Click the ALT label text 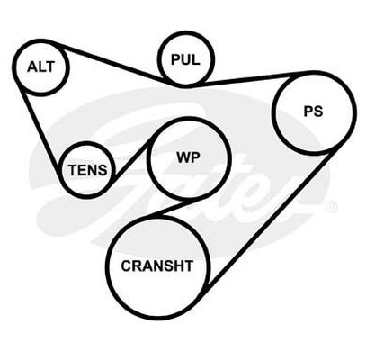[x=40, y=67]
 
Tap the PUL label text [x=185, y=59]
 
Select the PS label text [x=313, y=112]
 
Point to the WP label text [x=188, y=157]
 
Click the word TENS [x=87, y=170]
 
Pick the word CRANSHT [x=156, y=265]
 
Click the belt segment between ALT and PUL [x=111, y=62]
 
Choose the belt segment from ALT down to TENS [x=39, y=127]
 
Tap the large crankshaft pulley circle [x=107, y=267]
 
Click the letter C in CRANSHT [x=126, y=265]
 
